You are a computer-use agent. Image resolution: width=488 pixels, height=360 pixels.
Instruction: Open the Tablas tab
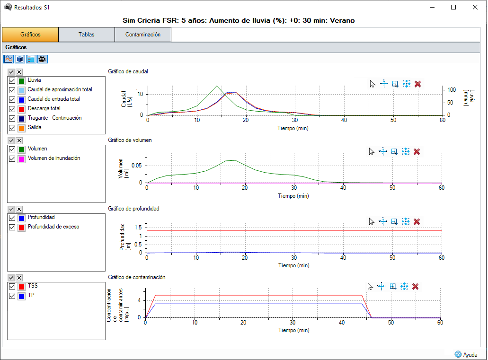(87, 35)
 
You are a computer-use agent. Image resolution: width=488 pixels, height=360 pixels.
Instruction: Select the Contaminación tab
(142, 35)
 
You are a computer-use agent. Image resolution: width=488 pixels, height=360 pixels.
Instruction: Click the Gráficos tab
(30, 35)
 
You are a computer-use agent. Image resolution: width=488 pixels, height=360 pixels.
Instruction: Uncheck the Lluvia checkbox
(12, 80)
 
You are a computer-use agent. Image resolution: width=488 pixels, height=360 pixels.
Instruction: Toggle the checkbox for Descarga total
(12, 109)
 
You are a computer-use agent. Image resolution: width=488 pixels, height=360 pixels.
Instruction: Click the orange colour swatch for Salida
(21, 128)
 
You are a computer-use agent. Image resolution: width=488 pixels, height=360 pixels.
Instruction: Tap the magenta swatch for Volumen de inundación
(21, 158)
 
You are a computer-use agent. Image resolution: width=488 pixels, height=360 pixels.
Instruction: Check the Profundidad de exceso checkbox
(12, 227)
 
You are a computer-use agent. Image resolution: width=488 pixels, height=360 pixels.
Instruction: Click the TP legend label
(31, 296)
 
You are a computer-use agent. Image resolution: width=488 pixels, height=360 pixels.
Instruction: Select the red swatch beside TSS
(21, 286)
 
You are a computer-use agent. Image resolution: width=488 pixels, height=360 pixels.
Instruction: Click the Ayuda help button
(466, 354)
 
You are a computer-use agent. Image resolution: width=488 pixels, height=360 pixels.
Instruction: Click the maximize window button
(453, 7)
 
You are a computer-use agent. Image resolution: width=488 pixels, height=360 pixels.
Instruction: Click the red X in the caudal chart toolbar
(417, 84)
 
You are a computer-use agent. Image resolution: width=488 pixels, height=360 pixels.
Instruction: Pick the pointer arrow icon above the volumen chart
(372, 151)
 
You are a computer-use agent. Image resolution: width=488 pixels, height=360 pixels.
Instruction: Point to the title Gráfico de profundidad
(133, 209)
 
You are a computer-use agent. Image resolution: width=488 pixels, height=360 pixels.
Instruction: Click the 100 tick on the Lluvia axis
(452, 89)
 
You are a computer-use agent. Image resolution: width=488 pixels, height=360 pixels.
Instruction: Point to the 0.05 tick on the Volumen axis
(136, 165)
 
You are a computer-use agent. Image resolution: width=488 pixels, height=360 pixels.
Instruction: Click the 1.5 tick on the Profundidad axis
(138, 228)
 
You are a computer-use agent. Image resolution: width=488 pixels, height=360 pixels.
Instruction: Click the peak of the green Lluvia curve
(216, 86)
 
